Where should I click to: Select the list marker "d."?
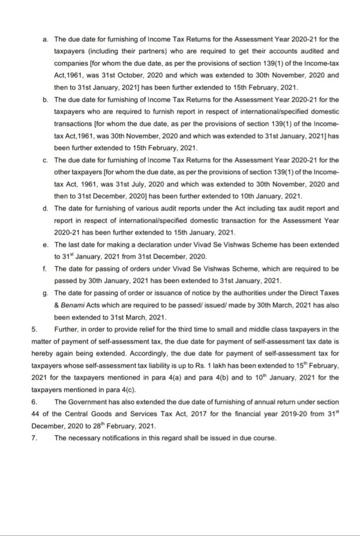click(x=46, y=209)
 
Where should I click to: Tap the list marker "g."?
click(x=46, y=293)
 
